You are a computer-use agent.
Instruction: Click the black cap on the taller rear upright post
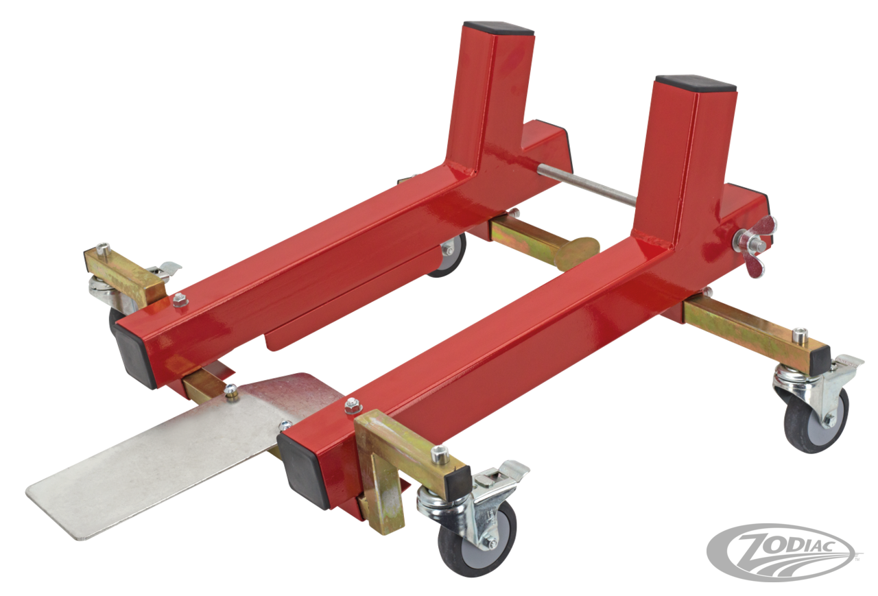(498, 28)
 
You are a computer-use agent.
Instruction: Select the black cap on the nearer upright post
(694, 84)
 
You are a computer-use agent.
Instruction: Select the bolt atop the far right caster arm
(800, 335)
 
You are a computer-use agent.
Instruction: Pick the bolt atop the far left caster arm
(102, 247)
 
